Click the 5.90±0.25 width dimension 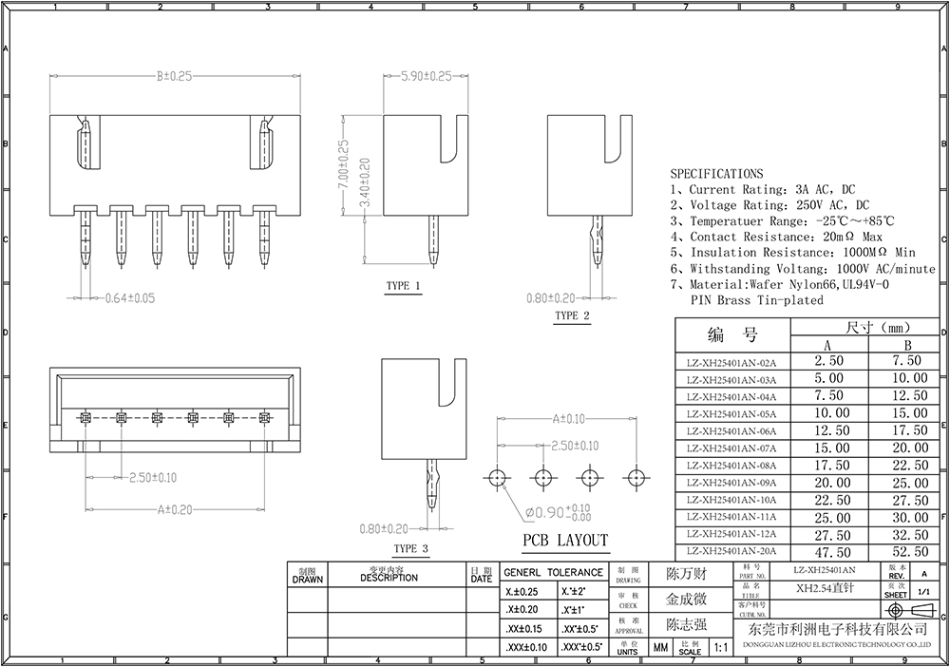click(427, 76)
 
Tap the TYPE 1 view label click(403, 286)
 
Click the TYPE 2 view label click(572, 315)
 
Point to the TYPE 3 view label click(410, 548)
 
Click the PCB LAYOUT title click(564, 541)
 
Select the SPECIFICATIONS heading click(716, 174)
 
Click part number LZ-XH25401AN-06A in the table click(731, 431)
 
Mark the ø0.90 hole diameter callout click(560, 512)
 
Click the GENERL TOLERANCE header click(552, 572)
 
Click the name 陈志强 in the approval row click(686, 624)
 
